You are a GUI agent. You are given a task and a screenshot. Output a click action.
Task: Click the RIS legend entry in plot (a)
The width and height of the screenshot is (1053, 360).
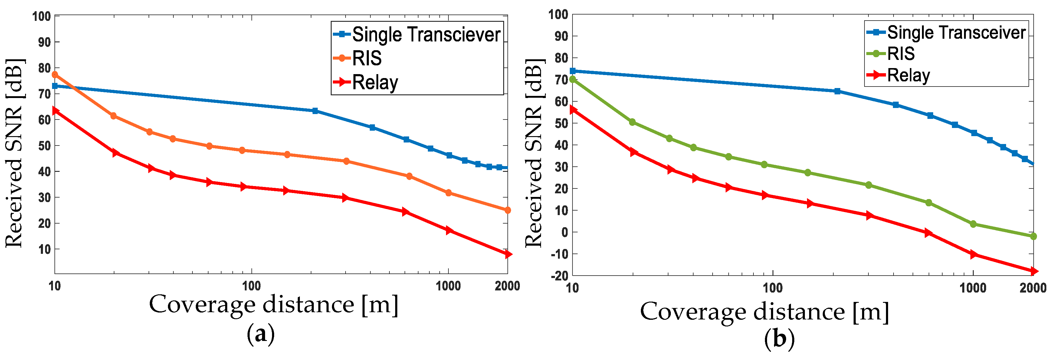click(367, 58)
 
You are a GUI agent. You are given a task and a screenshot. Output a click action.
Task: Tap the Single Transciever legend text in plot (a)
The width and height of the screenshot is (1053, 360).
click(426, 34)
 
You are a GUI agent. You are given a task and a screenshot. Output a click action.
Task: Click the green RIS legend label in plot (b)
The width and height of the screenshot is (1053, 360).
click(900, 54)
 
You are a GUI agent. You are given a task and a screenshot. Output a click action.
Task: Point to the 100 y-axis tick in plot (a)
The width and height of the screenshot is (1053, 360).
click(41, 16)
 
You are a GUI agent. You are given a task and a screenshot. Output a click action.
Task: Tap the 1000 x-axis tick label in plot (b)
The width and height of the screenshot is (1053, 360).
click(973, 288)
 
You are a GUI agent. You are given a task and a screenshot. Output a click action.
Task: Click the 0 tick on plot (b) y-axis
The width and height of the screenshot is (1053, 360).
click(565, 232)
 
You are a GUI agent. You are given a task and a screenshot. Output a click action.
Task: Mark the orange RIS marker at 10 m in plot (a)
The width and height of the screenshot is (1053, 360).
click(55, 75)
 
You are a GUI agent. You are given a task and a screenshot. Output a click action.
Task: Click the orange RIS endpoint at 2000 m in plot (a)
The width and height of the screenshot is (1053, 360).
click(507, 210)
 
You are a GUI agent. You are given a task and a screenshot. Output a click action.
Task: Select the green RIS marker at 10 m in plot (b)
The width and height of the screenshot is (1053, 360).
click(573, 79)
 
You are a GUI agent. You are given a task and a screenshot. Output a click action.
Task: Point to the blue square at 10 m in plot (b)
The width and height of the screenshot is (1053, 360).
click(573, 71)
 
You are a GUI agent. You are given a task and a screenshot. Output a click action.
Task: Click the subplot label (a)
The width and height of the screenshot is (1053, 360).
click(261, 334)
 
